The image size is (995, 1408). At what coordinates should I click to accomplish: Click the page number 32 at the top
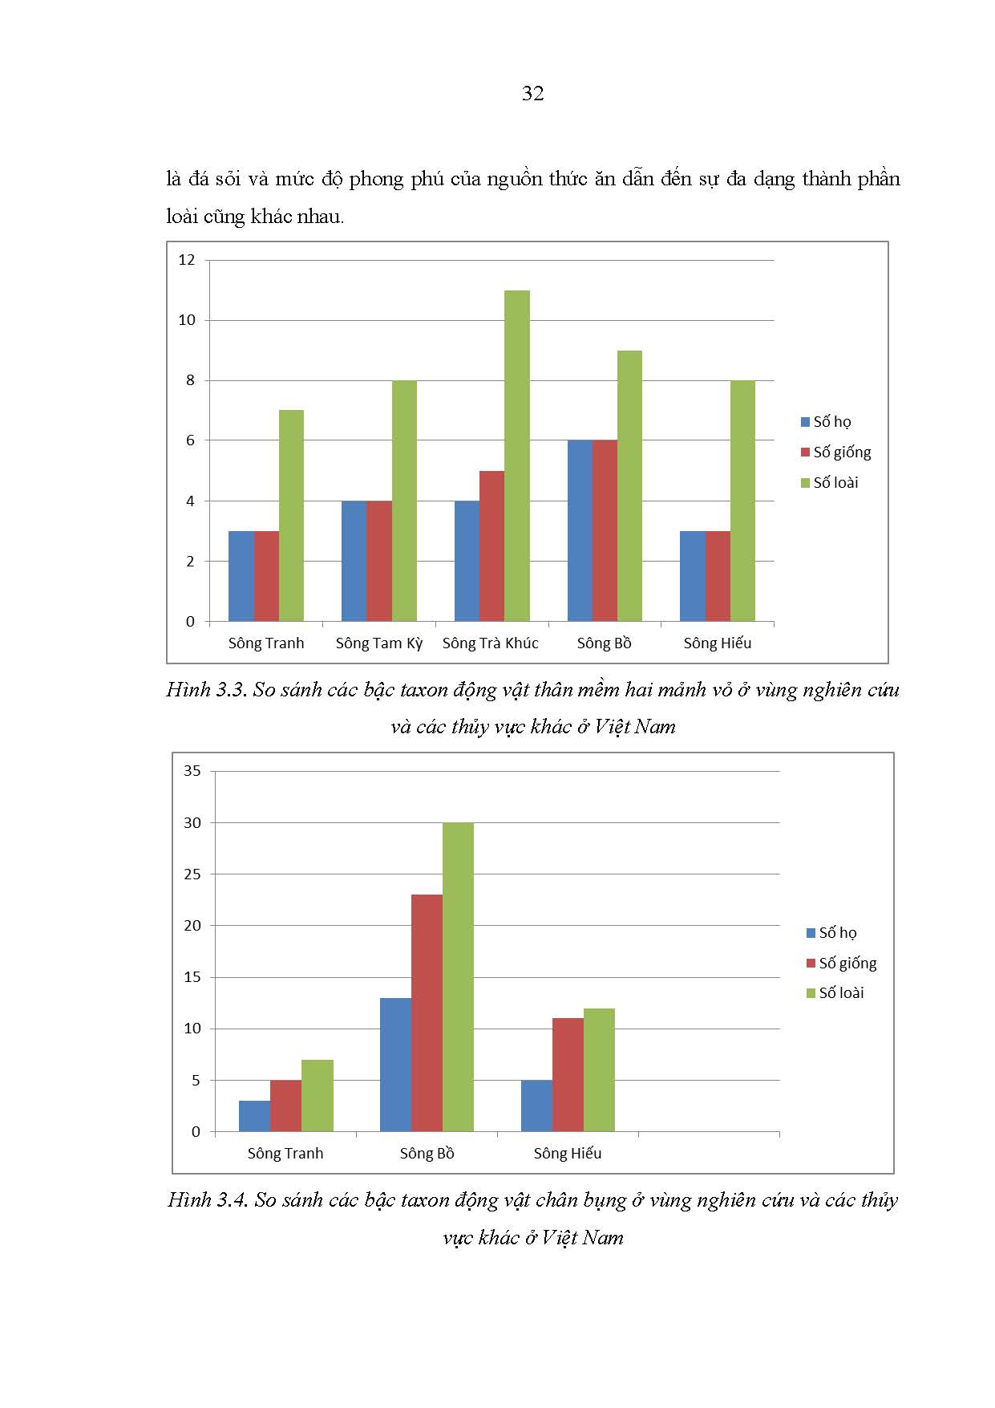pyautogui.click(x=532, y=94)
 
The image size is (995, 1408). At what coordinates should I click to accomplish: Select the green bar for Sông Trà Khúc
pyautogui.click(x=517, y=456)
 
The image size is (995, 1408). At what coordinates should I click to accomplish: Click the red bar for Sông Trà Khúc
pyautogui.click(x=491, y=546)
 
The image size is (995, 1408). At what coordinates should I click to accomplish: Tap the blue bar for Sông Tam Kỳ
pyautogui.click(x=354, y=562)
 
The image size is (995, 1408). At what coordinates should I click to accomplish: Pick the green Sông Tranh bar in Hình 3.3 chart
pyautogui.click(x=291, y=516)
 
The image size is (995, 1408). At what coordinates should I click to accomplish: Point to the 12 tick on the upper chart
pyautogui.click(x=187, y=260)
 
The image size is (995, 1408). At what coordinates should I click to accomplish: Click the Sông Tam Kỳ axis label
pyautogui.click(x=378, y=643)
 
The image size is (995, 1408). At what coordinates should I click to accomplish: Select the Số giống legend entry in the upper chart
pyautogui.click(x=836, y=452)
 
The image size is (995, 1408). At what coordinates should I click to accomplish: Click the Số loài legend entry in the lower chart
pyautogui.click(x=835, y=993)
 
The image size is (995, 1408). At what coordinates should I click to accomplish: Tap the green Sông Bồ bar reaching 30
pyautogui.click(x=458, y=977)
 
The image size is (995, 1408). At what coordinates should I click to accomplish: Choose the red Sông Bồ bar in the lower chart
pyautogui.click(x=427, y=1013)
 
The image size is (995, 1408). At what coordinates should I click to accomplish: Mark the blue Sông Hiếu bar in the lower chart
pyautogui.click(x=536, y=1106)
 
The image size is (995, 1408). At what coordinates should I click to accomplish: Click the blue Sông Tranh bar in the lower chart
pyautogui.click(x=254, y=1117)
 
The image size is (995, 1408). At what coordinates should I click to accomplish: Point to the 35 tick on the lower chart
pyautogui.click(x=192, y=771)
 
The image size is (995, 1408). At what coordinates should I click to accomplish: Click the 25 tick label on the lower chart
pyautogui.click(x=192, y=874)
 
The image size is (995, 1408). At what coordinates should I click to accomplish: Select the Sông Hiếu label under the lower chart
pyautogui.click(x=568, y=1154)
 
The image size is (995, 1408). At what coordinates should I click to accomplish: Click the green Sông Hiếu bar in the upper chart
pyautogui.click(x=742, y=501)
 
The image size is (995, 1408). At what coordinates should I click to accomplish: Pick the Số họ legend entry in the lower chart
pyautogui.click(x=832, y=933)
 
